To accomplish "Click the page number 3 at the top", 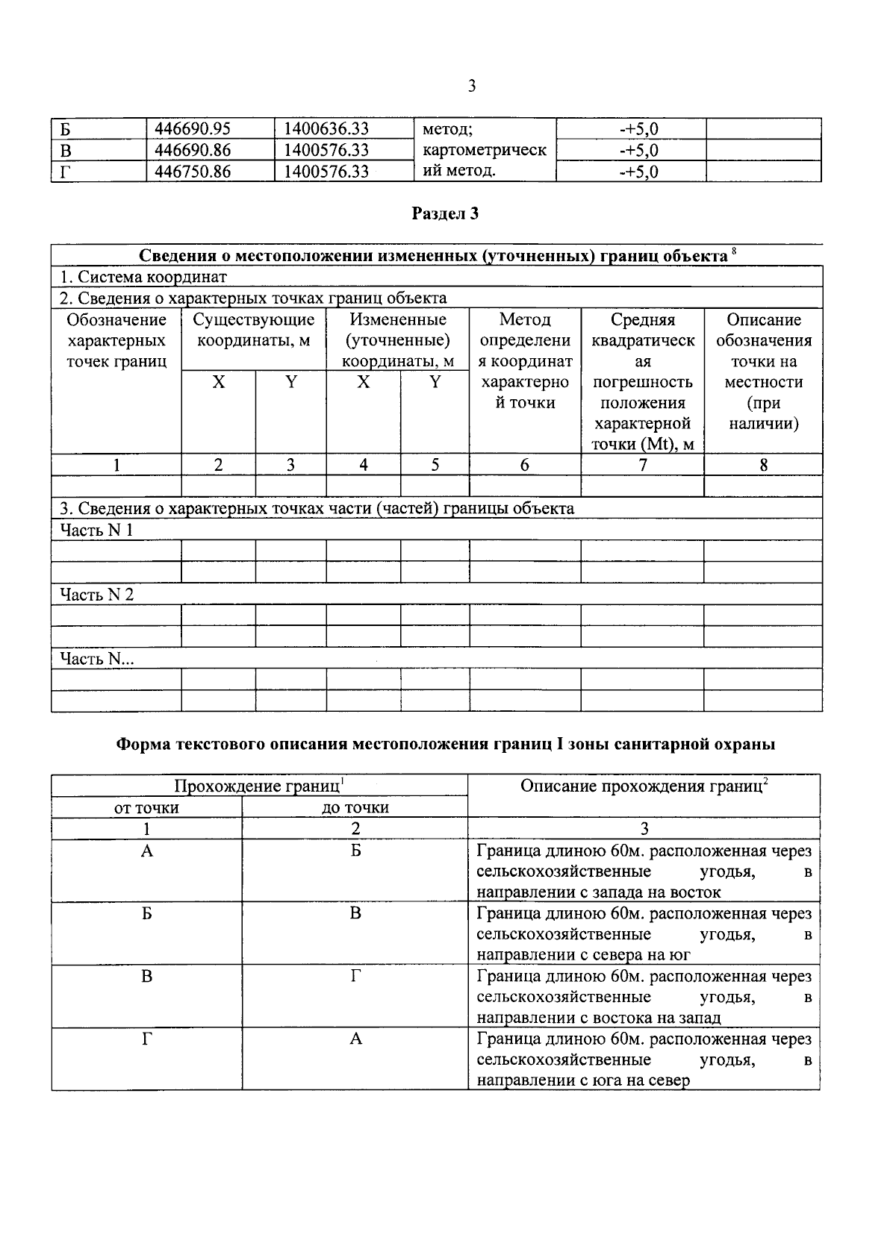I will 471,87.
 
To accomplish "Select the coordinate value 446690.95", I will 192,129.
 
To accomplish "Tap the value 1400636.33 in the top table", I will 326,129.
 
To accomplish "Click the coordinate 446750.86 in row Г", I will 192,172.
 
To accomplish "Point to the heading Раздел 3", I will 445,214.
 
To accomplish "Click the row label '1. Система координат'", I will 143,277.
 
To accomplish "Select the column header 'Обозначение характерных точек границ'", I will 116,341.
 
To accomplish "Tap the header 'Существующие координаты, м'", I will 254,331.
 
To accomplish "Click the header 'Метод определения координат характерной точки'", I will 525,361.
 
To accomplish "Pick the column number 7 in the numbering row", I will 642,465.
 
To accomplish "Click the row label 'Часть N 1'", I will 96,531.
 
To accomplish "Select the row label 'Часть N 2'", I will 96,595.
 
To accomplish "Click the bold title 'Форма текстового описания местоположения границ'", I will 446,744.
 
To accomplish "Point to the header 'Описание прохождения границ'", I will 644,786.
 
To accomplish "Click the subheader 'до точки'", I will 355,807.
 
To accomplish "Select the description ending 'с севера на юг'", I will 644,934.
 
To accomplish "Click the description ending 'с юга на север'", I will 644,1060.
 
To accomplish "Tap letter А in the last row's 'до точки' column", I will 355,1039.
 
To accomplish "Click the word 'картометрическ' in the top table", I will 484,150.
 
